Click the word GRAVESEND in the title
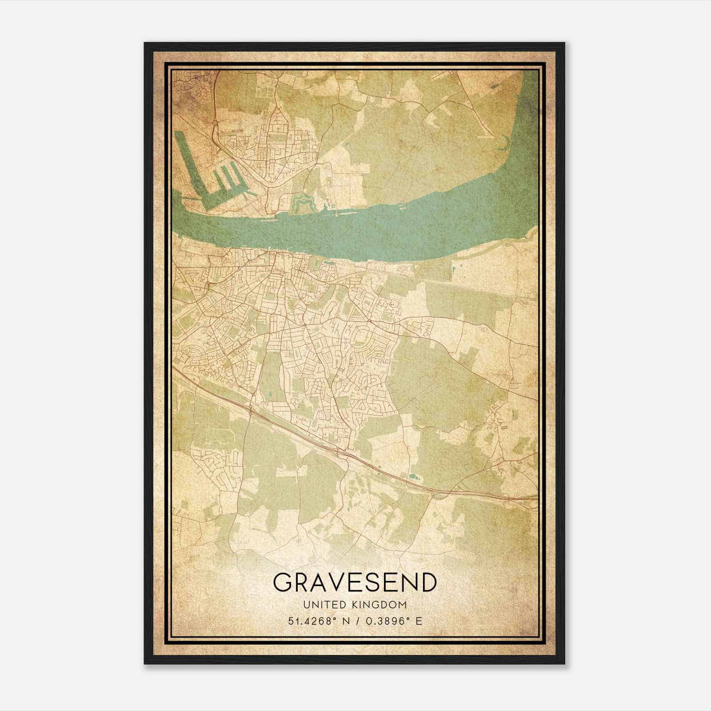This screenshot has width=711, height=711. point(354,583)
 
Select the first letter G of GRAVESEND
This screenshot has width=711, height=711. point(283,583)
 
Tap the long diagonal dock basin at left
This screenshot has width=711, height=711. point(191,164)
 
